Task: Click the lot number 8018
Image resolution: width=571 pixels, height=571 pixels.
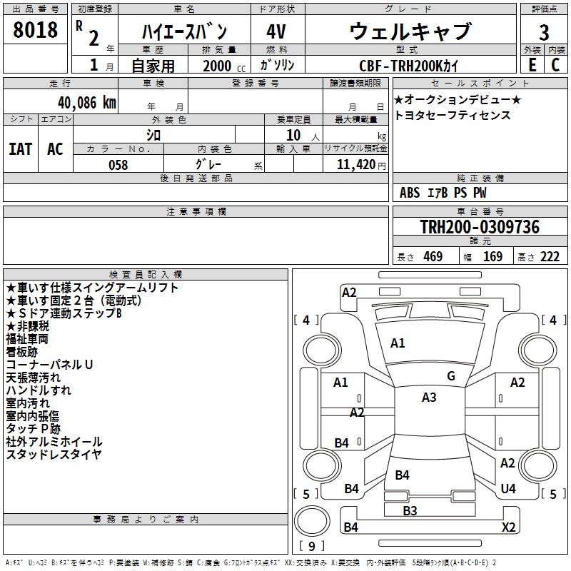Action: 36,30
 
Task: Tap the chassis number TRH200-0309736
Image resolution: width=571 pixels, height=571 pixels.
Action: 479,227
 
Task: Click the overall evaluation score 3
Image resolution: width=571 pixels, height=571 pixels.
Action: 544,33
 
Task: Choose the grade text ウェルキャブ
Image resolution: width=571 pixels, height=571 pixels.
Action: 410,32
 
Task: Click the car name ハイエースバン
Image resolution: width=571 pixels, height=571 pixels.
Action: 183,32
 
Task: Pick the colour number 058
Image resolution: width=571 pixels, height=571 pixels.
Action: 118,165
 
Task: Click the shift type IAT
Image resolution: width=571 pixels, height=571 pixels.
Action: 20,148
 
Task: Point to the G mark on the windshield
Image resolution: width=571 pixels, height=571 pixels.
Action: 451,376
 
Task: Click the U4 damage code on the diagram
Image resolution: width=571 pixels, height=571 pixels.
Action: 508,488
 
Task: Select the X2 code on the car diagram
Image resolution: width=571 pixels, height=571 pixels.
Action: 509,527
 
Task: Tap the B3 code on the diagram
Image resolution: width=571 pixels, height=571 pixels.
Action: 410,510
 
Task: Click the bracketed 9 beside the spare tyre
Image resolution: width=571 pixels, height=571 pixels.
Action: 311,547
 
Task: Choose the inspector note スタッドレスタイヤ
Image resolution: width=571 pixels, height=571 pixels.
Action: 54,454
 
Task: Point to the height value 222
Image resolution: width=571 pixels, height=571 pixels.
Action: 550,257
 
